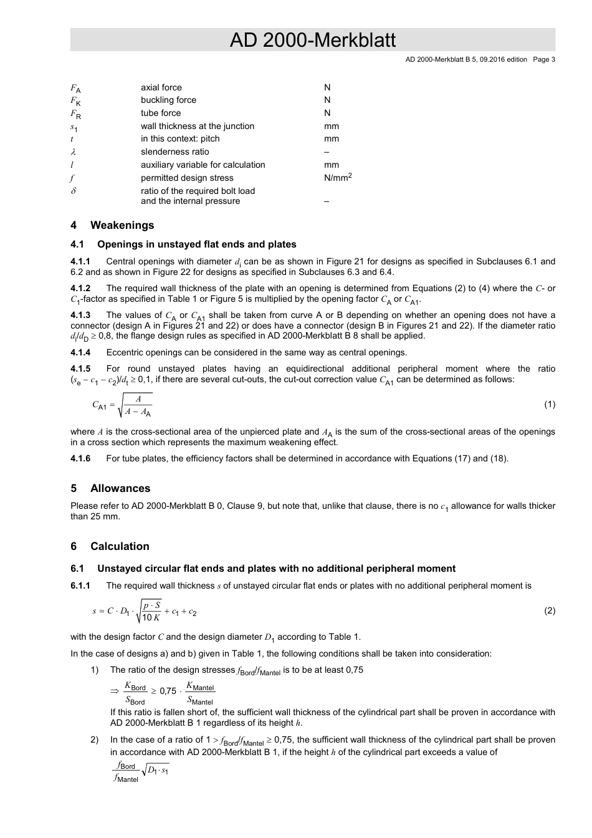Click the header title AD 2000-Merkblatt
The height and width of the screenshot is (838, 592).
312,41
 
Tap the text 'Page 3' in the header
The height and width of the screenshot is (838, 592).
543,60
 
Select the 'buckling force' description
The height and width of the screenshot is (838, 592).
168,100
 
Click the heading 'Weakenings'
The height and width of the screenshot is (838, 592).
122,226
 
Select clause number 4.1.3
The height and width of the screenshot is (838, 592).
80,315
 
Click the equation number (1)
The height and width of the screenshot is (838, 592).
549,405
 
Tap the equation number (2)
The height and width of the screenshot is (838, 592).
549,611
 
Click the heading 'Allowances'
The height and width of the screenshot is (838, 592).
120,489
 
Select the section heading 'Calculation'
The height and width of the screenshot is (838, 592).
120,547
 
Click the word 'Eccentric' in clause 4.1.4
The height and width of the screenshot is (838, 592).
125,352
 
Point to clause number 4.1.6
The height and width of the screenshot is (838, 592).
80,459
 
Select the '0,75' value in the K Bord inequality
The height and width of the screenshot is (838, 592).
168,691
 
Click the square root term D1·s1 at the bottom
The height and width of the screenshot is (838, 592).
158,772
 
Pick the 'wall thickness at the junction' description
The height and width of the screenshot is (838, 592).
198,127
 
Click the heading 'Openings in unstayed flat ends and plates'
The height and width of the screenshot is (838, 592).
196,245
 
